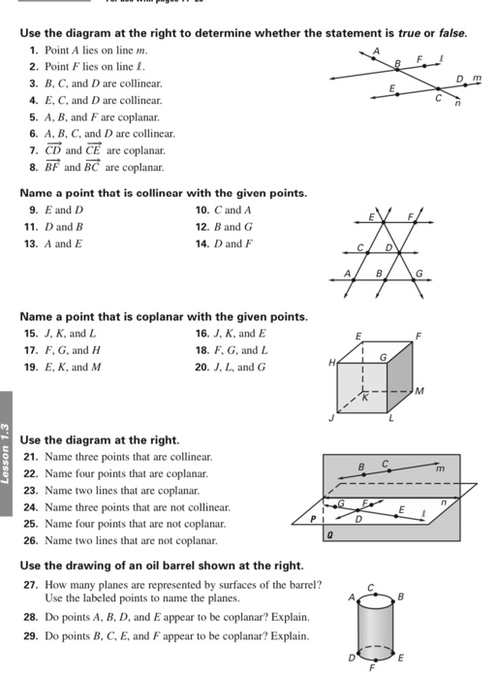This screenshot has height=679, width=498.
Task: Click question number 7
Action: click(x=34, y=150)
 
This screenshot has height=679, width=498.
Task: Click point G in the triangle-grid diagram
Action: click(x=420, y=275)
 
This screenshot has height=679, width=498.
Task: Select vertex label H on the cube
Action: click(x=331, y=362)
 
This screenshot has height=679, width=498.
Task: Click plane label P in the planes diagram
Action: click(x=313, y=520)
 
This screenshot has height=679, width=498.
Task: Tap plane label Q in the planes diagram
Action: click(x=331, y=533)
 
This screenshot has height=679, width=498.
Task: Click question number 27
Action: click(x=29, y=584)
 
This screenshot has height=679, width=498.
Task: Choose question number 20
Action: click(x=202, y=367)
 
